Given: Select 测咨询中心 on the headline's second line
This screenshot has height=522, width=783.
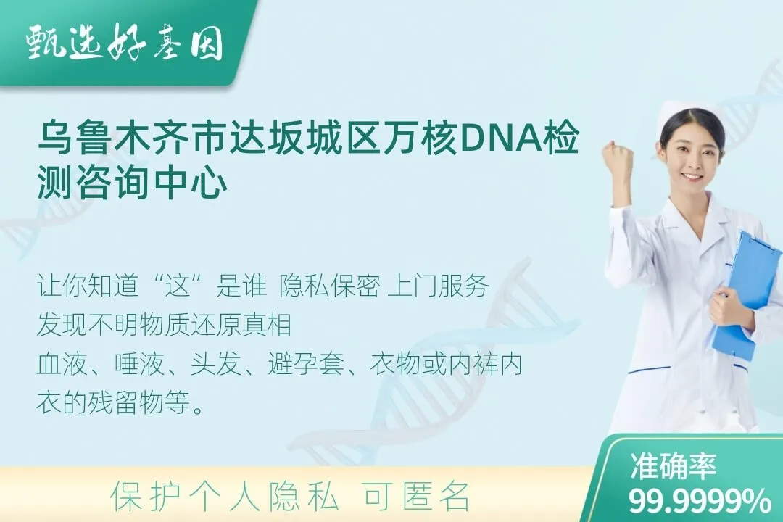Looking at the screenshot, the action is coord(133,183).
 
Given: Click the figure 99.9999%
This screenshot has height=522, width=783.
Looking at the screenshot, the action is coord(700,501).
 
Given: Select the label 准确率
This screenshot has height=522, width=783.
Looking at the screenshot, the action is coord(674,466).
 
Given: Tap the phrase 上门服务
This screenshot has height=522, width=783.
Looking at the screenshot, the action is coord(438,286).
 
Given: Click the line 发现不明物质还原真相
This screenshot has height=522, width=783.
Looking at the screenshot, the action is coord(164,326).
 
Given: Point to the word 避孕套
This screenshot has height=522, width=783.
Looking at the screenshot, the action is coord(306,364).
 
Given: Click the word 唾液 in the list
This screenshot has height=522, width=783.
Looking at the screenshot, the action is coord(139,364).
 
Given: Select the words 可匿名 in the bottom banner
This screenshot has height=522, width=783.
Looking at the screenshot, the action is coord(417,497).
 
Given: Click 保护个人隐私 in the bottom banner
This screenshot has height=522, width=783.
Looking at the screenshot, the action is coord(225,497).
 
